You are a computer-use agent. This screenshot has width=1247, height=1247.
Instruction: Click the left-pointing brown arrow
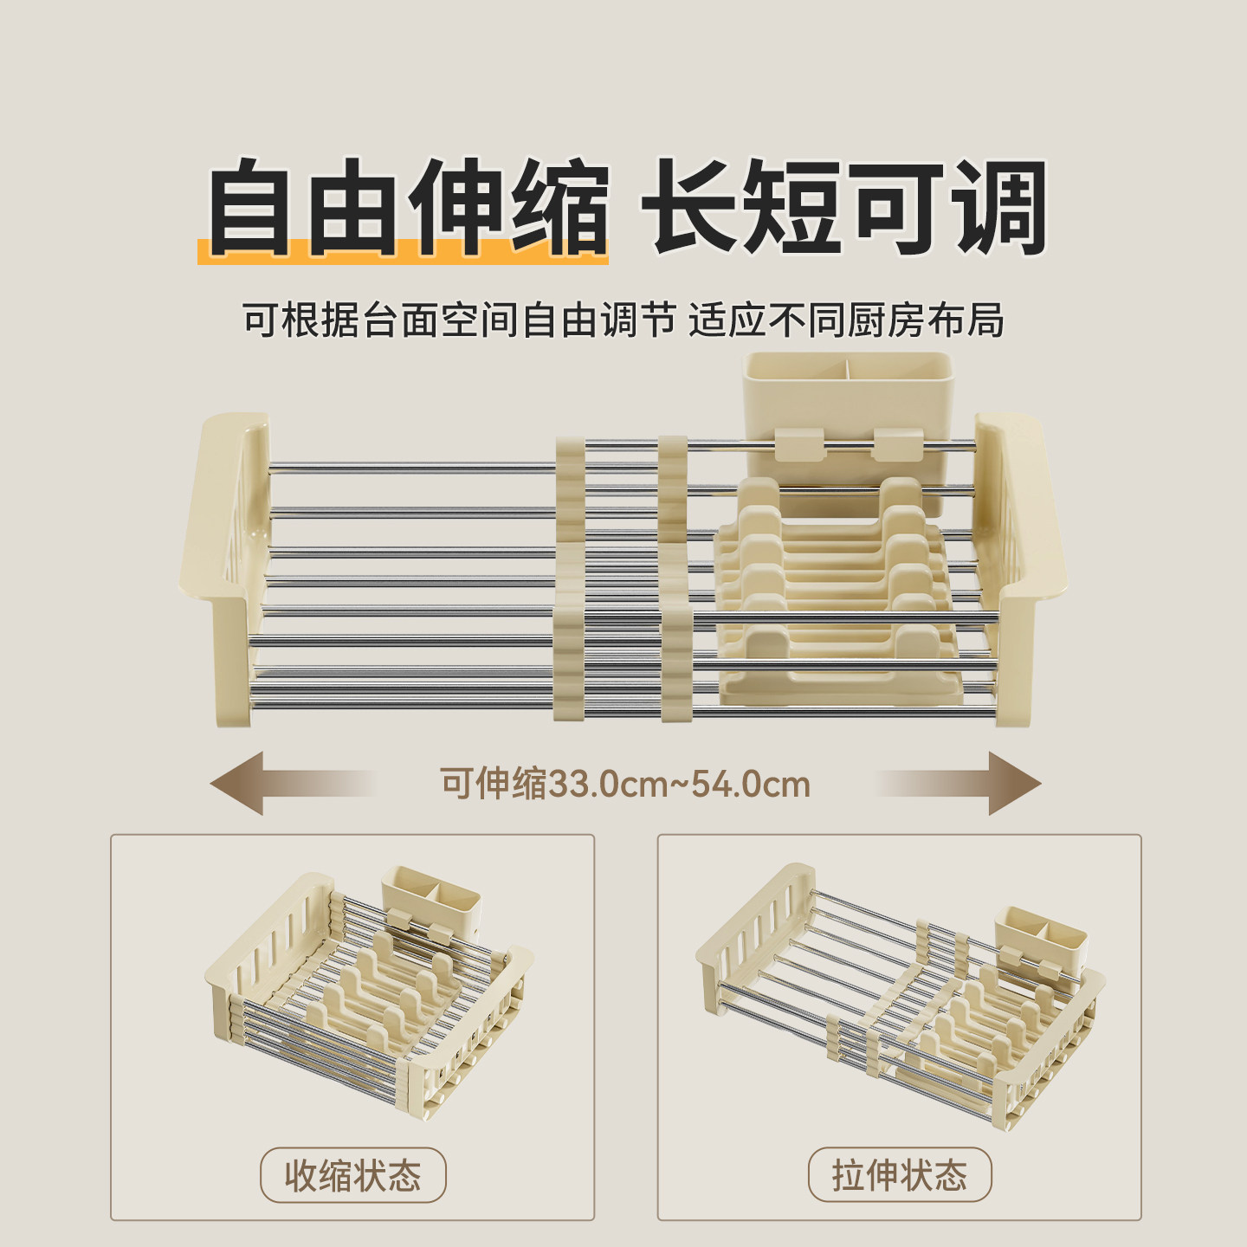[x=260, y=784]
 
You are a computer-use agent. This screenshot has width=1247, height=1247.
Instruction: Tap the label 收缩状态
[x=353, y=1175]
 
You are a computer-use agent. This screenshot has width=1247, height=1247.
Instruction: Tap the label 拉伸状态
[x=900, y=1175]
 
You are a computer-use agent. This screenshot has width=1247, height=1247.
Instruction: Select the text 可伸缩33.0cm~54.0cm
[x=625, y=785]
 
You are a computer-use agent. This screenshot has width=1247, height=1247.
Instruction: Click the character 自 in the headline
[x=249, y=208]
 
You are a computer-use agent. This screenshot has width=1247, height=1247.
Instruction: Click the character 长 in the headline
[x=693, y=208]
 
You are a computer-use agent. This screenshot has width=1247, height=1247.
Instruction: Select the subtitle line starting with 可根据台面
[x=623, y=320]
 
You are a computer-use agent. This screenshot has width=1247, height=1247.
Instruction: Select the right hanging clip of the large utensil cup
[x=895, y=444]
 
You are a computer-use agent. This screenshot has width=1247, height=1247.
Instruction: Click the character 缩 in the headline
[x=559, y=208]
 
